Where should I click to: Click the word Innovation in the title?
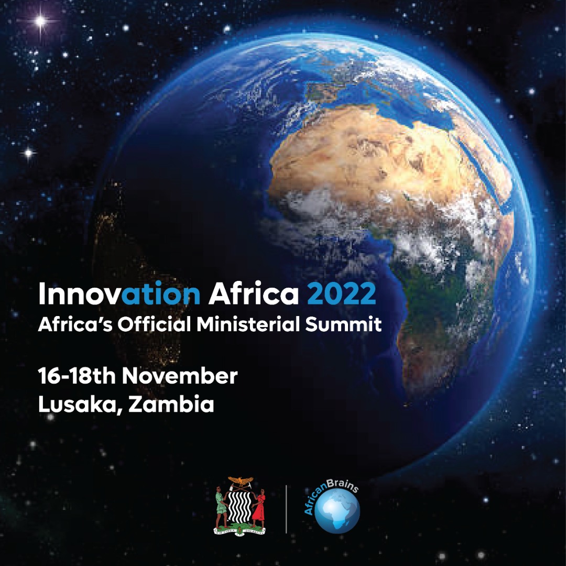point(119,295)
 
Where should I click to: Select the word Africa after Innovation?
point(254,295)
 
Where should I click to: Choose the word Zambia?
point(171,405)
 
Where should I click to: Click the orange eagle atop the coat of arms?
point(240,480)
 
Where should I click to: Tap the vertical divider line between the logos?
point(286,508)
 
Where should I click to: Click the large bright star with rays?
point(40,21)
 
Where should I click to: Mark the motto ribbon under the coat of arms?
point(240,530)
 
